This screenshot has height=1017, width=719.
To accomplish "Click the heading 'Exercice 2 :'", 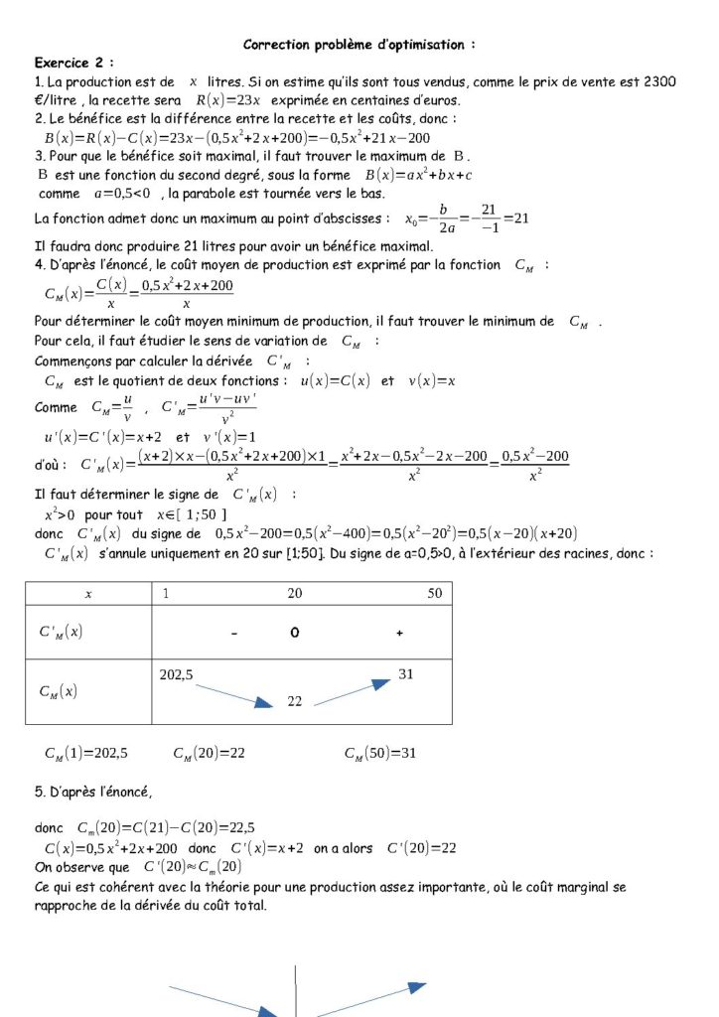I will click(x=74, y=63).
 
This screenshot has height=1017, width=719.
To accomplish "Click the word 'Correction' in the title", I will click(x=279, y=45).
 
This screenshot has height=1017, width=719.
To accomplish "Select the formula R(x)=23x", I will click(x=227, y=100).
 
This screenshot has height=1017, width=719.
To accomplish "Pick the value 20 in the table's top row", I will click(x=295, y=593).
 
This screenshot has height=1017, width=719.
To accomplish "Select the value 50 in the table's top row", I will click(x=435, y=593).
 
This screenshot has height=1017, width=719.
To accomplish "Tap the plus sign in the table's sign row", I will click(x=399, y=633).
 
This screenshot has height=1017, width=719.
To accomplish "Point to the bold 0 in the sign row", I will click(x=295, y=633).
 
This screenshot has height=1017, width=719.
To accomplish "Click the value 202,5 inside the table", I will click(x=177, y=674).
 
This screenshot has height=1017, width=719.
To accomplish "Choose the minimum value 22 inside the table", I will click(x=295, y=701).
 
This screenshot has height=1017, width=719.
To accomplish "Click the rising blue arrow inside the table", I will click(x=353, y=693).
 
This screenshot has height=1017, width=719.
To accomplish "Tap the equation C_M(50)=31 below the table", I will click(x=380, y=754).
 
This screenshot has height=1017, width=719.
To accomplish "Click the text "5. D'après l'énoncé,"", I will click(x=93, y=792).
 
